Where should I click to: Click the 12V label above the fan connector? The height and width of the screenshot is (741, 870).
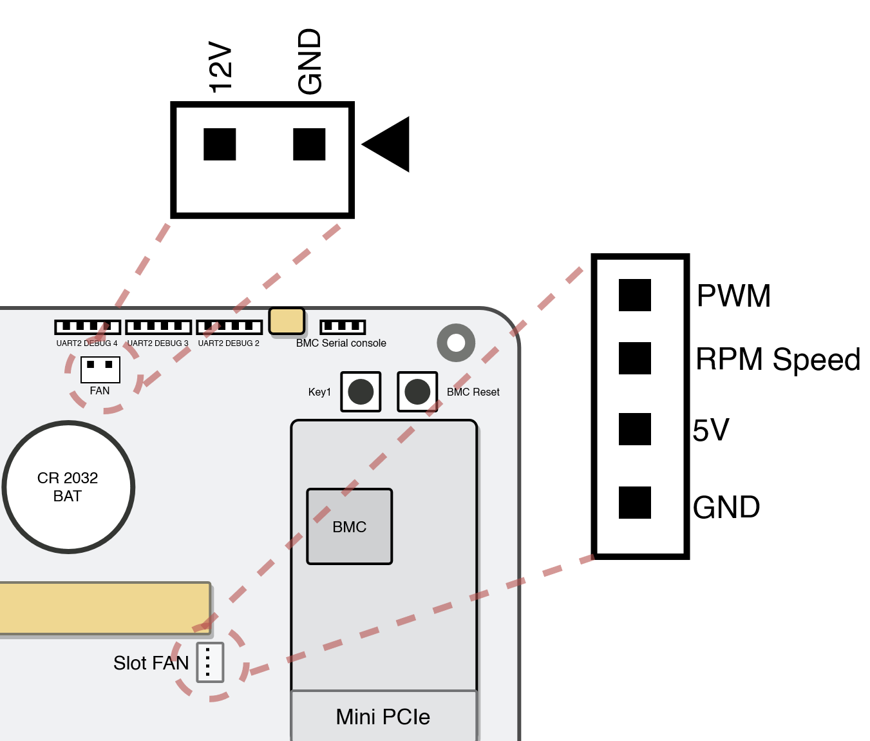tap(220, 67)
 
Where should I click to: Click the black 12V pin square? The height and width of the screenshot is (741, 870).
tap(220, 144)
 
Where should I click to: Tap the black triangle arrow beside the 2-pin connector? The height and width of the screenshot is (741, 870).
tap(388, 144)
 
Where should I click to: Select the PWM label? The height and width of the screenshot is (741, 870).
tap(733, 296)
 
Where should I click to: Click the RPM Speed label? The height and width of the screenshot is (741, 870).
tap(778, 360)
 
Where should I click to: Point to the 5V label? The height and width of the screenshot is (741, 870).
tap(711, 430)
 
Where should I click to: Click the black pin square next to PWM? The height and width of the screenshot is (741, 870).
tap(635, 295)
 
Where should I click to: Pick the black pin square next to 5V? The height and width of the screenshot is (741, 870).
tap(635, 429)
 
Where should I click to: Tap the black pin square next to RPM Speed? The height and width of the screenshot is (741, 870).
tap(635, 358)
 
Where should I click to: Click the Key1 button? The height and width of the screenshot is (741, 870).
tap(361, 392)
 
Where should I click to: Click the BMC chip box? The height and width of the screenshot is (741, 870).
tap(350, 526)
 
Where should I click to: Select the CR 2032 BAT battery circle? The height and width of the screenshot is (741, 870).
tap(68, 487)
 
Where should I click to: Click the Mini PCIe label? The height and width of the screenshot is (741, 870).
tap(383, 717)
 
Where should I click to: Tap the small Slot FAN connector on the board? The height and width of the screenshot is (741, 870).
tap(210, 662)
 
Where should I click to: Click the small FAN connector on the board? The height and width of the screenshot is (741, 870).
tap(100, 369)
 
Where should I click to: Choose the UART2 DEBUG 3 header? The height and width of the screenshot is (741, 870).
tap(158, 327)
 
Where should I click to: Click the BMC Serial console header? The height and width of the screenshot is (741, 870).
tap(343, 327)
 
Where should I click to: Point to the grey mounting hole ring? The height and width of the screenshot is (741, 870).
tap(456, 343)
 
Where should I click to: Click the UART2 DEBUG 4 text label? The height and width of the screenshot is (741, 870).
tap(87, 343)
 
